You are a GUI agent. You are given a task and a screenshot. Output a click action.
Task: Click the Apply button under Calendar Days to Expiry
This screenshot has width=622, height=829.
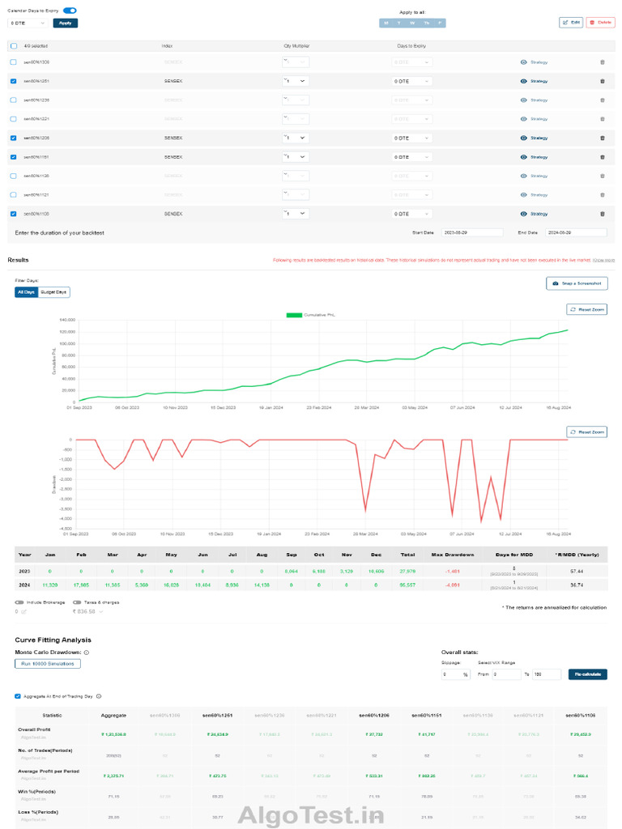66,23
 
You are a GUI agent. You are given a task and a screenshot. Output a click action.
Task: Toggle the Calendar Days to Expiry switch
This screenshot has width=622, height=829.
70,11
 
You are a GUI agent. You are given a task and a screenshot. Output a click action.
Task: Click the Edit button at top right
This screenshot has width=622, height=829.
571,22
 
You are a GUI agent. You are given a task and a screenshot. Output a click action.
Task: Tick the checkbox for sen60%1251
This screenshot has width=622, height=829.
13,81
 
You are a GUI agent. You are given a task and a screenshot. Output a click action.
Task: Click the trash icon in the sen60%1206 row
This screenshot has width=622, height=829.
602,138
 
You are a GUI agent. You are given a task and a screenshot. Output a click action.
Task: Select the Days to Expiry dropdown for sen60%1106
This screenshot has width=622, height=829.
412,214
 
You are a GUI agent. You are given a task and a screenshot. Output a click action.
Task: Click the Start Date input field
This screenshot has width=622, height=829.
465,232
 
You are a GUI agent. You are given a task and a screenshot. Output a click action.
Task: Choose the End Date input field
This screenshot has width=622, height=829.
575,232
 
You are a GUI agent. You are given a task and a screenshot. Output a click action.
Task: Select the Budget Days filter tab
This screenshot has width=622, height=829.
54,291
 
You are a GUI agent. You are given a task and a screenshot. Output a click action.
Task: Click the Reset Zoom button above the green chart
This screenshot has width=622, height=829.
587,309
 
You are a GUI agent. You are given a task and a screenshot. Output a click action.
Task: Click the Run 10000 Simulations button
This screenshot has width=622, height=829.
48,664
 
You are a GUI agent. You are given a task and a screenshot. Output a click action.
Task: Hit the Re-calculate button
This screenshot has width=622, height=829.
587,674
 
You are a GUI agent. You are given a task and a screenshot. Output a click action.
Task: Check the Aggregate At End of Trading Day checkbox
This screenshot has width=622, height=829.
18,695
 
